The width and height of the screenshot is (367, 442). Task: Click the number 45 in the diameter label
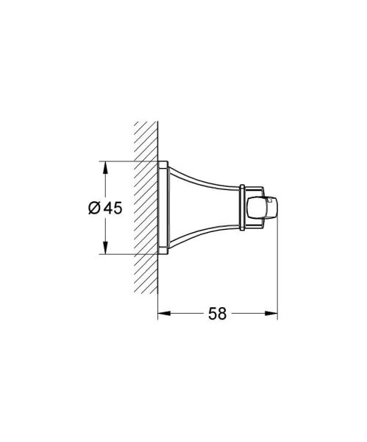tap(112, 208)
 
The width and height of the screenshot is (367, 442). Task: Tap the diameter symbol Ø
tap(93, 208)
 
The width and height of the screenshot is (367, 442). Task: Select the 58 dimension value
tap(216, 312)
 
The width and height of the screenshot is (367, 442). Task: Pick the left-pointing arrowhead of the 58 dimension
tap(163, 312)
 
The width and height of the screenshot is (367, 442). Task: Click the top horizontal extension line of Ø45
tap(129, 161)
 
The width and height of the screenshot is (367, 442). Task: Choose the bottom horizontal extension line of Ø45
tap(129, 255)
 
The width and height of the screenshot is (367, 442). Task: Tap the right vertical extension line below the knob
tap(277, 273)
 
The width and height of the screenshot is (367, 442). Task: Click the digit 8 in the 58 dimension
tap(221, 312)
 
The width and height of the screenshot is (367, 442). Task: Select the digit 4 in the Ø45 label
tap(107, 208)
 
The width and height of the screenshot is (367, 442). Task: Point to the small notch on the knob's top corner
tap(274, 200)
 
